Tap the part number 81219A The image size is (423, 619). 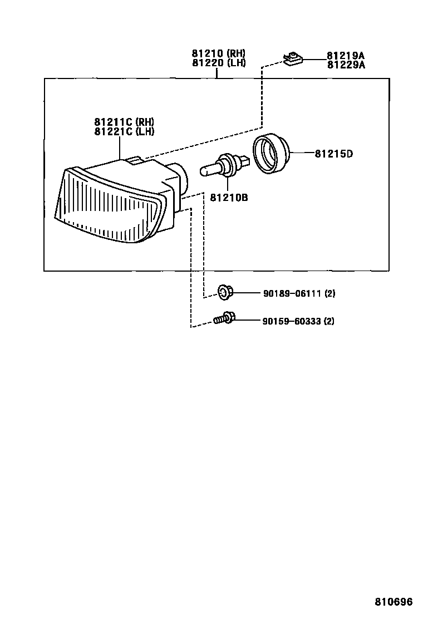345,56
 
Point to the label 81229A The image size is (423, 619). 345,65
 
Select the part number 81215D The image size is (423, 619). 333,154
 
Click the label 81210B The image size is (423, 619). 229,197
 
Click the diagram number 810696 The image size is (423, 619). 393,602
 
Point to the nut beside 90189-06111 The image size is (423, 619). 225,291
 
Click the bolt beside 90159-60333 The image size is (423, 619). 224,318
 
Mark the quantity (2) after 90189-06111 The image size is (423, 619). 329,293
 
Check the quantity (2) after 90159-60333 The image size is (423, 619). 328,321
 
